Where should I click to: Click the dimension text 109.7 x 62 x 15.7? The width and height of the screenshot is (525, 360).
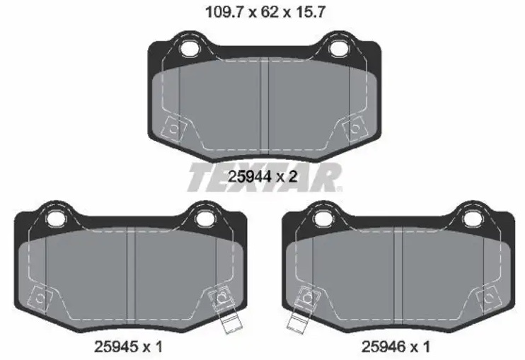(265, 13)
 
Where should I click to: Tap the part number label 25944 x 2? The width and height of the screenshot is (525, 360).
(262, 177)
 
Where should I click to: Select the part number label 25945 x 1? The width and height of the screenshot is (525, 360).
(129, 347)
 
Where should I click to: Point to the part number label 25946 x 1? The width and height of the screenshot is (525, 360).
(396, 347)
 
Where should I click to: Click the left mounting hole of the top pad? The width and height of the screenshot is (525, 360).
(190, 48)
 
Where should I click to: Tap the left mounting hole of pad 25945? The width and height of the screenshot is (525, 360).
(56, 219)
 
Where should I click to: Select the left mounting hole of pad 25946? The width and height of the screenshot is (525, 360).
(323, 219)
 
